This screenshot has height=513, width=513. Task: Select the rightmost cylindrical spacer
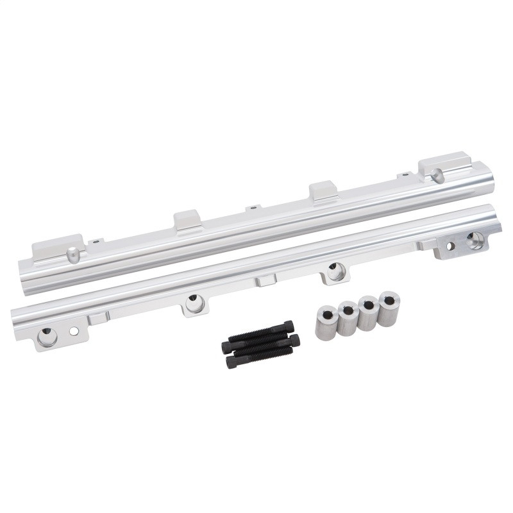click(x=389, y=308)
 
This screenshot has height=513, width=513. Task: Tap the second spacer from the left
click(x=347, y=318)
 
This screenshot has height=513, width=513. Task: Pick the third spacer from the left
click(x=368, y=313)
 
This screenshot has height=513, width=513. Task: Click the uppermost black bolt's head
click(x=289, y=326)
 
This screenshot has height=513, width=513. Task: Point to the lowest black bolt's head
click(x=230, y=362)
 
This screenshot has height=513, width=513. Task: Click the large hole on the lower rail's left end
click(x=47, y=335)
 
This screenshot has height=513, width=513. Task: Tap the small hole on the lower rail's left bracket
click(x=74, y=331)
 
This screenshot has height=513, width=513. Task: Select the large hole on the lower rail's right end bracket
click(x=475, y=240)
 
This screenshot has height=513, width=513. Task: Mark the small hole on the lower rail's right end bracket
click(x=451, y=245)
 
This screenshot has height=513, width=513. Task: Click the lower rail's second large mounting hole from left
click(x=194, y=301)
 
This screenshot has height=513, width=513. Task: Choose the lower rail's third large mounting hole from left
click(x=333, y=271)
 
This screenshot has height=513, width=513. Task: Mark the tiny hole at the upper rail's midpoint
click(x=254, y=207)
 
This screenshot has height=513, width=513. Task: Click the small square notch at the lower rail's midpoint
click(x=265, y=280)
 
